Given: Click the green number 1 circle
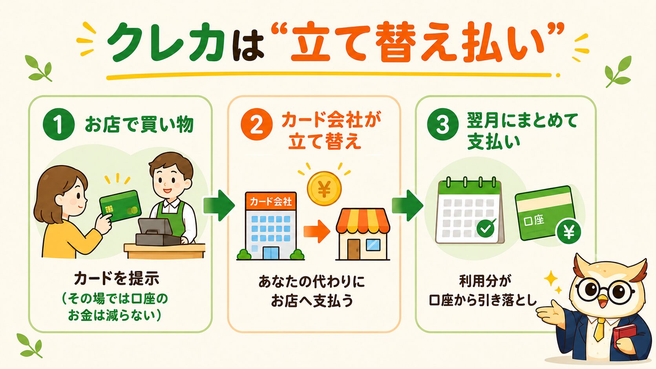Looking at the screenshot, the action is tap(58, 125).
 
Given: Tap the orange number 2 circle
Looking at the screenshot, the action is tap(256, 125).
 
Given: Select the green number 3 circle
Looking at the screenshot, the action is tap(443, 125).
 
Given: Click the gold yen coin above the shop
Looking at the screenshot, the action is tap(324, 189).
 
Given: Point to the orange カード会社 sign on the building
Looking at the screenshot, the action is tap(270, 201).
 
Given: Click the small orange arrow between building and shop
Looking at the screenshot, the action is tap(316, 231).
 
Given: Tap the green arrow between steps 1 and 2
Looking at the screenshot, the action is tap(219, 205).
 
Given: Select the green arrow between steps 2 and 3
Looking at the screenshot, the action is tap(407, 205).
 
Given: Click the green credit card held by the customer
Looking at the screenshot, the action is tap(121, 206).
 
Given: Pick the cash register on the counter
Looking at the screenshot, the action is tap(157, 233).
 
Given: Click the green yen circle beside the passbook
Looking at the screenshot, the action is tap(569, 233).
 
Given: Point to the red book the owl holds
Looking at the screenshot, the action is tap(625, 336).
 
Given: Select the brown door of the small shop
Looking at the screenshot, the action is tap(353, 249).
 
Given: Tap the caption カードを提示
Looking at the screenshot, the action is tap(117, 278).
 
